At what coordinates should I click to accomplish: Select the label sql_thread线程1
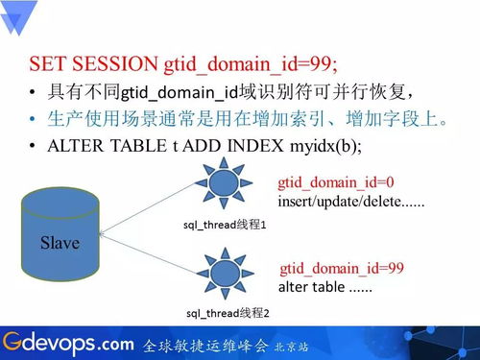226,224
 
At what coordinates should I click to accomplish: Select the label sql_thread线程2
227,313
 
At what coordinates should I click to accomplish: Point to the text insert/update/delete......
350,202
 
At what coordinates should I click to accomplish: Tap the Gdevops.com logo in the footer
67,342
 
